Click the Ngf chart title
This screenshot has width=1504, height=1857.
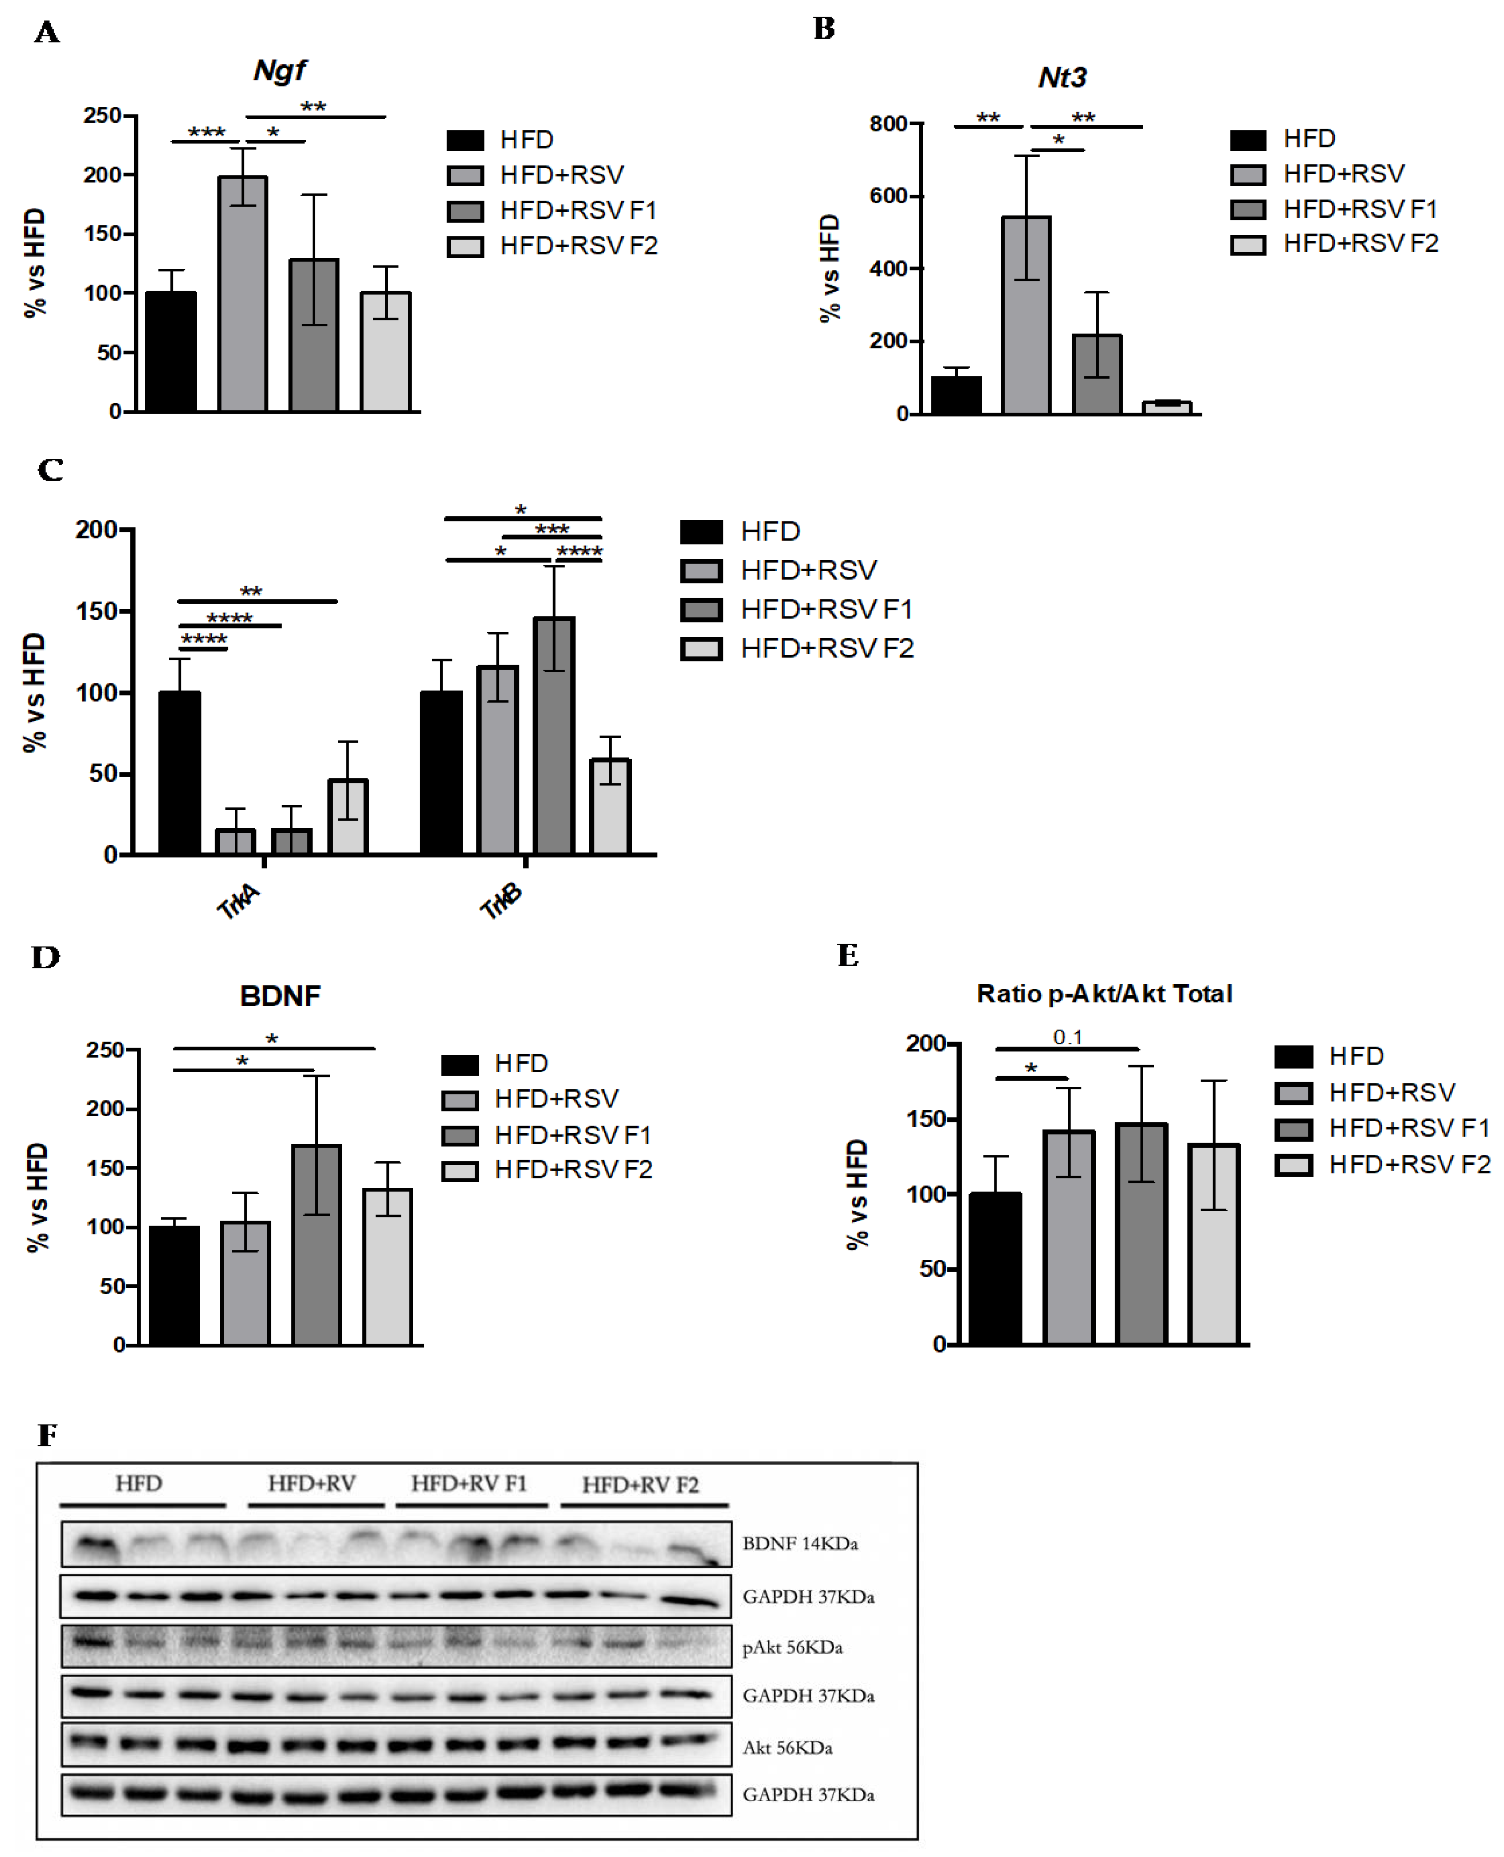279,70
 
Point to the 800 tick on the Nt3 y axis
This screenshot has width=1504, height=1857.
889,124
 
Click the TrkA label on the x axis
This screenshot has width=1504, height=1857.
238,901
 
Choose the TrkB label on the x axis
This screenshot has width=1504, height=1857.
501,901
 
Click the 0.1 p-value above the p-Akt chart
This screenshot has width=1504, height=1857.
1067,1037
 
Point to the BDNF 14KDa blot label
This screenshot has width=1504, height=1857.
800,1543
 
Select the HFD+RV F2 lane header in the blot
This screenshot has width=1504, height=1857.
640,1485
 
